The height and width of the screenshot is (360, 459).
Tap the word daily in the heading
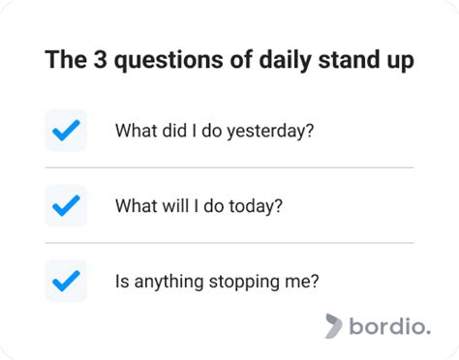[266, 60]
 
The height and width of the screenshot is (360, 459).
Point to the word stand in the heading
[331, 60]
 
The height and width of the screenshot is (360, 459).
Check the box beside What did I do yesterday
[66, 131]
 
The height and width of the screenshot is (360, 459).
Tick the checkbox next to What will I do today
[66, 205]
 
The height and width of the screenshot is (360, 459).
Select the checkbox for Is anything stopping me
[66, 281]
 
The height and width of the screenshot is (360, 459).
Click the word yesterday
[273, 131]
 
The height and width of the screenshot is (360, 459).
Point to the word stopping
[237, 282]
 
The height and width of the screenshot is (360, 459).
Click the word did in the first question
[173, 131]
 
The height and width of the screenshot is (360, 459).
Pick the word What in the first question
[135, 131]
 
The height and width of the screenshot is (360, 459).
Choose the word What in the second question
[135, 206]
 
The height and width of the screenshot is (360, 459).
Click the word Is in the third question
[122, 282]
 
